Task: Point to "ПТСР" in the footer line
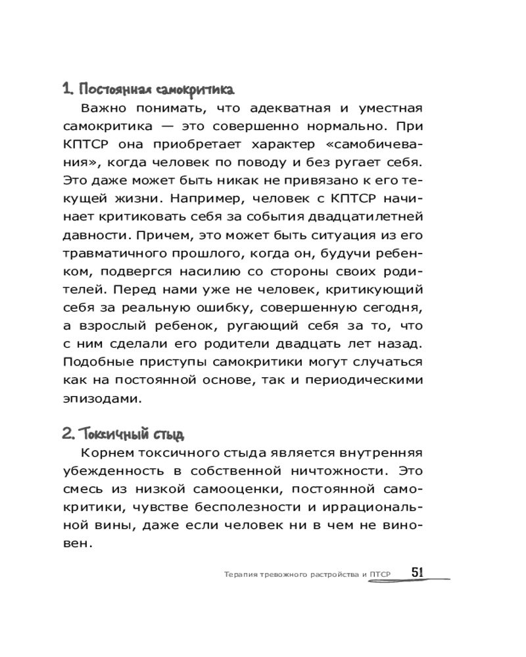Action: tap(381, 574)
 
